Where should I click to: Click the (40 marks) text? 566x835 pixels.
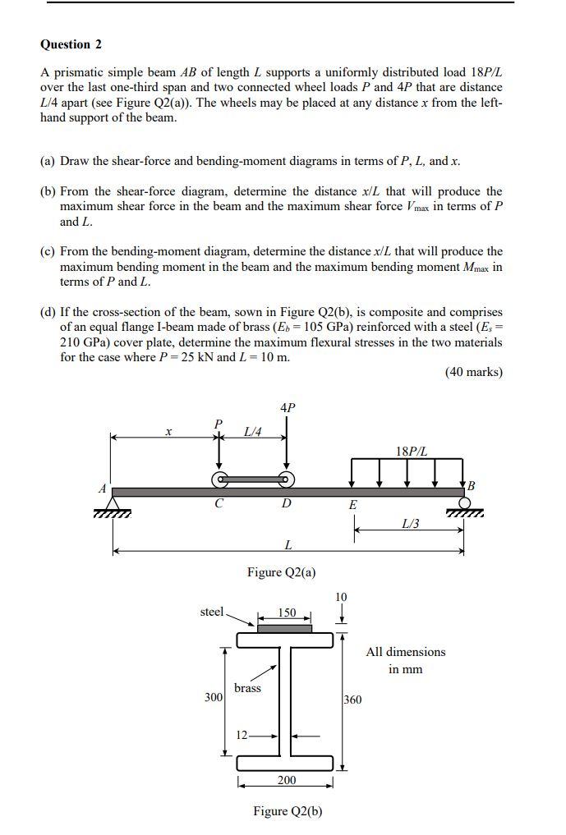click(473, 372)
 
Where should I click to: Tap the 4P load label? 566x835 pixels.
click(287, 406)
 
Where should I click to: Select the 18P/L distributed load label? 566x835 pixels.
click(411, 451)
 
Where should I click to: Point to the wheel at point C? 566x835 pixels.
click(219, 479)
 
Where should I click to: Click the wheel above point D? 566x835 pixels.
click(286, 479)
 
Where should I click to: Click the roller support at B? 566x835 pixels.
click(464, 503)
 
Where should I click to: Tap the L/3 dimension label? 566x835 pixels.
click(410, 523)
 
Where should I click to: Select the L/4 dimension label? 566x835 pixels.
click(253, 432)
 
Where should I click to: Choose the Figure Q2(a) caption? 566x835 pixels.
click(281, 572)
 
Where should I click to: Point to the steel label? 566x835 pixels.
click(212, 611)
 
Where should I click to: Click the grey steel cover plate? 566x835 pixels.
click(284, 629)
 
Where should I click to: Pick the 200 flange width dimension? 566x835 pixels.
click(286, 780)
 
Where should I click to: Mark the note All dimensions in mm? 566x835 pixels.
click(406, 660)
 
